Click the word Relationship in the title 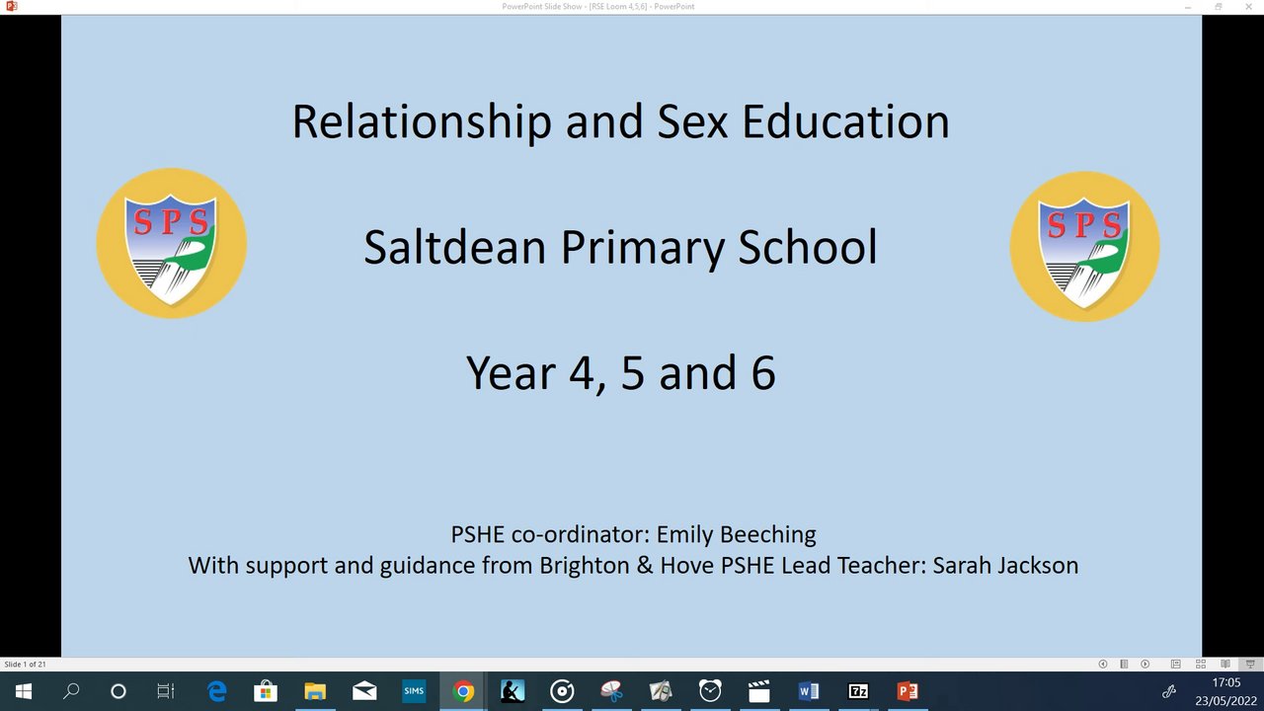pos(422,122)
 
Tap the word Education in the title pos(845,121)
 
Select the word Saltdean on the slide pos(455,247)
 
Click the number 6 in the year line pos(763,373)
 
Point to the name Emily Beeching pos(736,534)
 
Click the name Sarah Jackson pos(1005,566)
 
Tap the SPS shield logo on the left pos(172,243)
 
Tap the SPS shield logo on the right pos(1084,247)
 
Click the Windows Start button pos(24,690)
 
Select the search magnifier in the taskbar pos(71,690)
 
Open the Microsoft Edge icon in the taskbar pos(216,690)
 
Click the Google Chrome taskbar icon pos(463,690)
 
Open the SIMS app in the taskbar pos(414,690)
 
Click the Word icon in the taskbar pos(808,690)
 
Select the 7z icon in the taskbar pos(858,690)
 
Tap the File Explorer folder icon pos(315,690)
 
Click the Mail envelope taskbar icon pos(364,690)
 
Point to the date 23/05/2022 pos(1225,701)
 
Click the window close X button pos(1249,7)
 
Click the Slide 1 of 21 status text pos(25,665)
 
